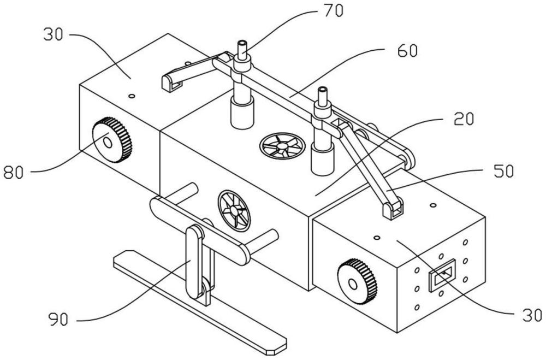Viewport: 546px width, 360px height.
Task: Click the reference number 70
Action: point(334,10)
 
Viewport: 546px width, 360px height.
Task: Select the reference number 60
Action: point(407,51)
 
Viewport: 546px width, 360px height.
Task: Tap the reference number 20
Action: point(464,119)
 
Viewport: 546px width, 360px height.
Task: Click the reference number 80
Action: point(14,173)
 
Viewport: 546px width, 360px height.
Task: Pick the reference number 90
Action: point(58,319)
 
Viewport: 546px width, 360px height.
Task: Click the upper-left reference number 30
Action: point(54,34)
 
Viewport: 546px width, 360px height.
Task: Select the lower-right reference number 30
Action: point(532,315)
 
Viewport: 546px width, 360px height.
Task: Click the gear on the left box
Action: point(112,140)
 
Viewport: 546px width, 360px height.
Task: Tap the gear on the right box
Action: point(357,281)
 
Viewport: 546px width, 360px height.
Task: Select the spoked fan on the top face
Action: point(282,146)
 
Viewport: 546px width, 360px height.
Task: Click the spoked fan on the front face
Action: point(234,211)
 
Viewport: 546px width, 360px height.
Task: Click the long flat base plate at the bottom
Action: point(200,303)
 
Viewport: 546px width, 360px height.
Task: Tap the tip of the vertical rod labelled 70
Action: point(242,43)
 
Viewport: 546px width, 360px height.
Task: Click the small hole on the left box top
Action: point(132,96)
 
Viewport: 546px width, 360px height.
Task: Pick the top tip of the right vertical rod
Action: point(323,89)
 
